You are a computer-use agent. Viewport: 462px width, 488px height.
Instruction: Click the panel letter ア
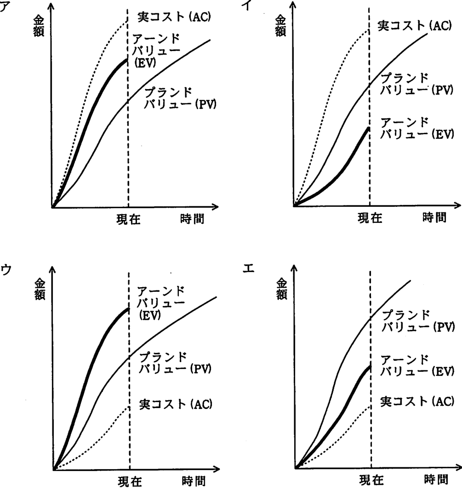pyautogui.click(x=3, y=6)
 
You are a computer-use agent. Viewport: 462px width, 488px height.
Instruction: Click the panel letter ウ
pyautogui.click(x=6, y=270)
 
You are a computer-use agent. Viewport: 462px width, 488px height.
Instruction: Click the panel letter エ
pyautogui.click(x=248, y=268)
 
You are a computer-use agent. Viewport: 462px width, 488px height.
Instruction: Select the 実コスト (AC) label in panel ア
pyautogui.click(x=174, y=17)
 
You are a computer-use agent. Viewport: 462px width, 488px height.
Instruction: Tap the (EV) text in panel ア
pyautogui.click(x=145, y=63)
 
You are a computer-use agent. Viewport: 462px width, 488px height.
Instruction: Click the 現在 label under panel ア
pyautogui.click(x=129, y=219)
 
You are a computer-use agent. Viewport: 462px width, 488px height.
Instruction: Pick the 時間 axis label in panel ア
pyautogui.click(x=192, y=219)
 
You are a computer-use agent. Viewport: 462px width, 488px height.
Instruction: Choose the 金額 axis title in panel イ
pyautogui.click(x=280, y=27)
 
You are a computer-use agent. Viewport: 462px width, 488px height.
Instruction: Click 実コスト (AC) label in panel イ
pyautogui.click(x=414, y=26)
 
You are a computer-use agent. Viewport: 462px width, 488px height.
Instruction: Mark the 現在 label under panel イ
pyautogui.click(x=370, y=218)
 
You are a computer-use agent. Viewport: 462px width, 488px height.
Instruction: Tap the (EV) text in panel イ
pyautogui.click(x=443, y=134)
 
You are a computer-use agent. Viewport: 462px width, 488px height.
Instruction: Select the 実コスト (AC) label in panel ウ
pyautogui.click(x=176, y=404)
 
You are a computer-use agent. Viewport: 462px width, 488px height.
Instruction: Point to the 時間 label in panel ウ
pyautogui.click(x=194, y=481)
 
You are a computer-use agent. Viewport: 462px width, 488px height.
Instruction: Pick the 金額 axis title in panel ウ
pyautogui.click(x=40, y=289)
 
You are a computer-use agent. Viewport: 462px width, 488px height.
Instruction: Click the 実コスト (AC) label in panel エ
pyautogui.click(x=417, y=402)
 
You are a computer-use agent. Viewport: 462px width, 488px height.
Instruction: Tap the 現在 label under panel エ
pyautogui.click(x=371, y=480)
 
